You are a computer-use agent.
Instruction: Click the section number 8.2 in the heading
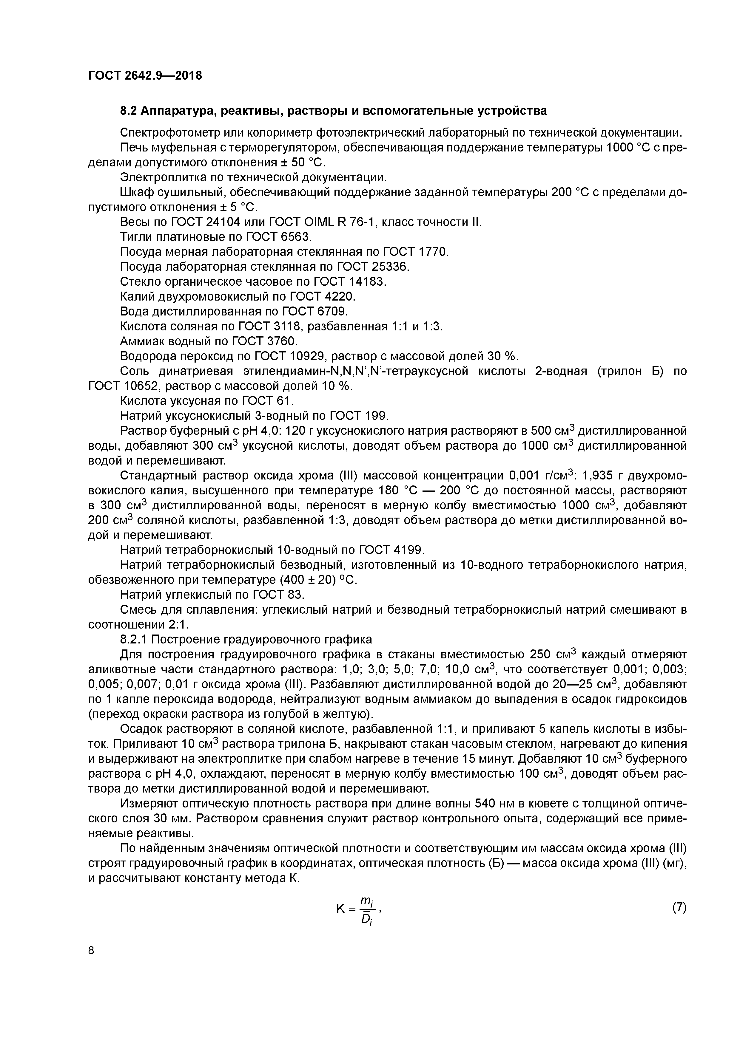[129, 111]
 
